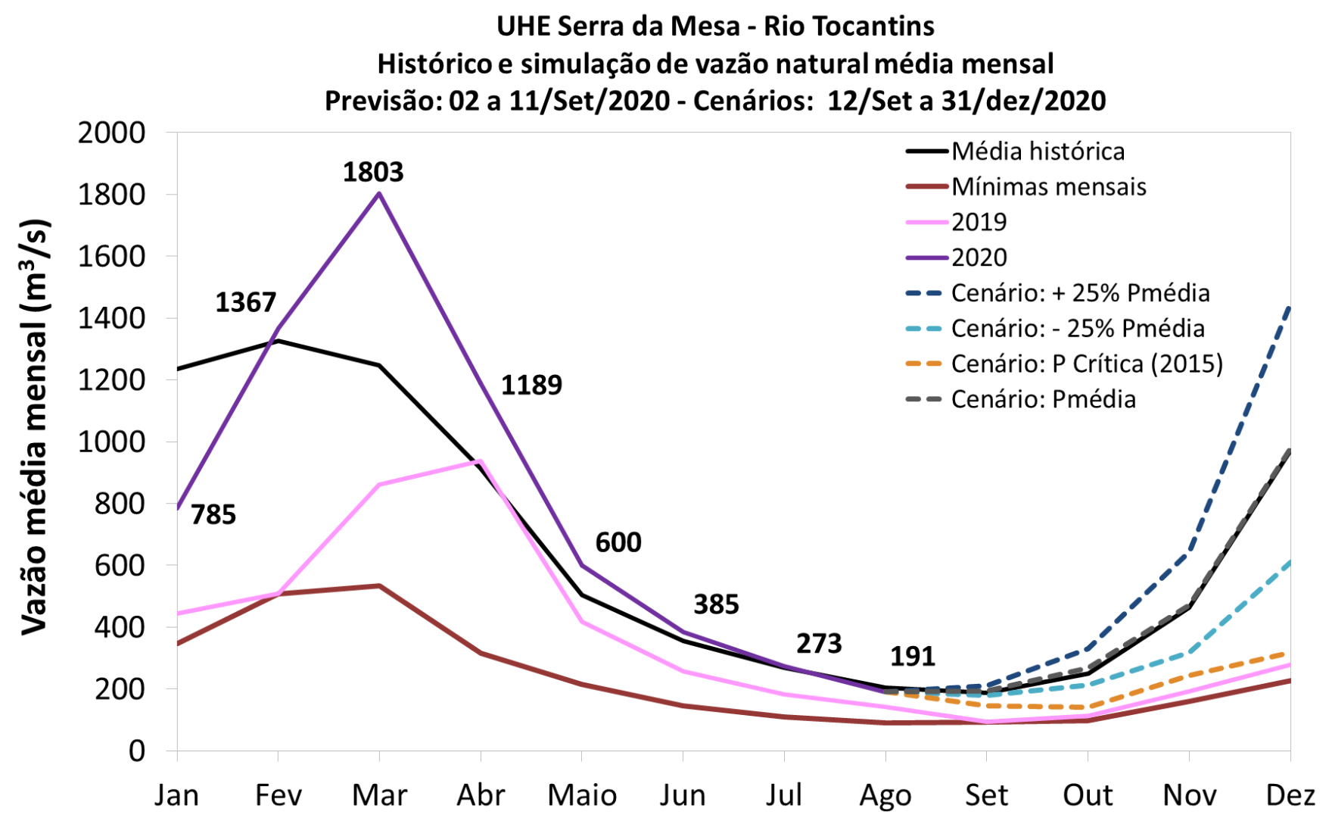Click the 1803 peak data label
[x=373, y=173]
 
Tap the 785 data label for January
[x=213, y=515]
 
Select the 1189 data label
[x=531, y=386]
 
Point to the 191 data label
[x=912, y=657]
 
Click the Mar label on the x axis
[x=379, y=796]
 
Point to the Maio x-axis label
[x=582, y=796]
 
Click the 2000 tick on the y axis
[x=111, y=133]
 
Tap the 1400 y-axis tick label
[x=111, y=319]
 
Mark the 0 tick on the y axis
[x=136, y=751]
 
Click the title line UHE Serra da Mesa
[x=715, y=27]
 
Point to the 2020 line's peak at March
[x=379, y=194]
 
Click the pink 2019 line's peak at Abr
[x=480, y=461]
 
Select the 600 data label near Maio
[x=618, y=543]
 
